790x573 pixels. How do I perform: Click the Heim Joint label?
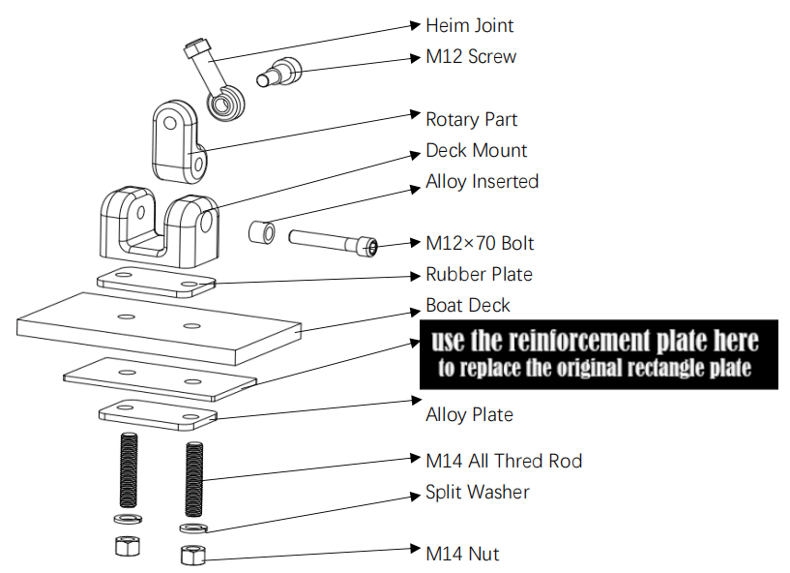[469, 25]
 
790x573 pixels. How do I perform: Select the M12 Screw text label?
[471, 56]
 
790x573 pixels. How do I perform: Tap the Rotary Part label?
[471, 119]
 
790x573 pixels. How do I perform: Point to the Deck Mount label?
[476, 151]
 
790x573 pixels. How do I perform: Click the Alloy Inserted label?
[482, 181]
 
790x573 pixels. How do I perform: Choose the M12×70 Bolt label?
[480, 243]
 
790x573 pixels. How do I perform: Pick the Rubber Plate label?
[479, 274]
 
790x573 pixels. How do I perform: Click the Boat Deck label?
[468, 306]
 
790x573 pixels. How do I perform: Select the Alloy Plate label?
[469, 414]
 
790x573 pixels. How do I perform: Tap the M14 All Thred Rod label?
[504, 461]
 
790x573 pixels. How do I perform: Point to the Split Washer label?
[478, 492]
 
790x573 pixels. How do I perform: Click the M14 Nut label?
[462, 554]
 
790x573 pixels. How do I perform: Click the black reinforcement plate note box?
[598, 353]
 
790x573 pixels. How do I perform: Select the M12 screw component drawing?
[278, 71]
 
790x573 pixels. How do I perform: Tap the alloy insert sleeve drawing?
[262, 234]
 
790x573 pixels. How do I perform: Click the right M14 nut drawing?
[191, 555]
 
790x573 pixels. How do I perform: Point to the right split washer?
[191, 528]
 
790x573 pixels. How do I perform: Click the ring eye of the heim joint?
[227, 105]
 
